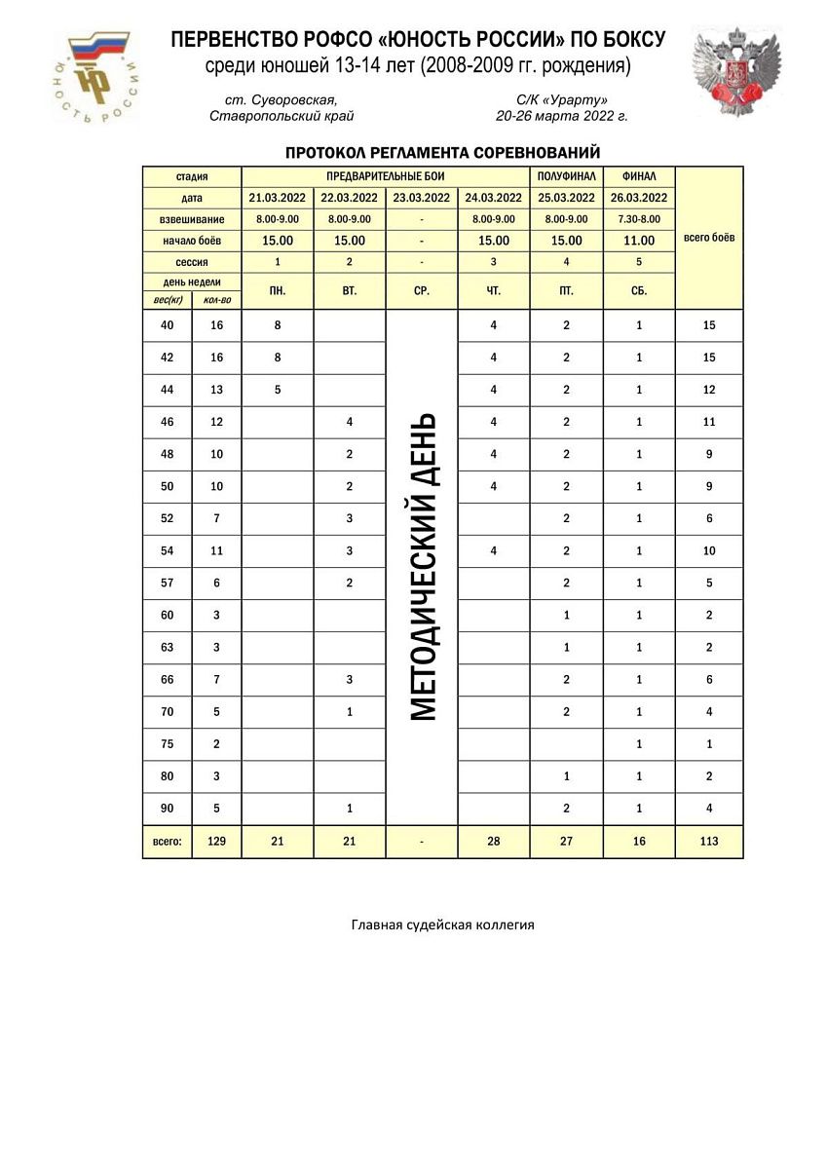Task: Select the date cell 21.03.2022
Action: (278, 198)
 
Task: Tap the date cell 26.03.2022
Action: (639, 198)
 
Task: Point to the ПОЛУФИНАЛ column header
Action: (567, 176)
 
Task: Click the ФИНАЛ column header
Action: (639, 176)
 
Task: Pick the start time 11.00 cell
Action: (639, 241)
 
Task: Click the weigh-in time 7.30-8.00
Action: (639, 219)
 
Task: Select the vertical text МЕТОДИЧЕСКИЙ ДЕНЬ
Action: (422, 567)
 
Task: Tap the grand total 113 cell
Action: (709, 842)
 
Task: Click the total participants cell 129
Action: (216, 842)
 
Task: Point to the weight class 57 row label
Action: (168, 583)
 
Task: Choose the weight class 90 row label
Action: (168, 808)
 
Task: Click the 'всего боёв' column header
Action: (709, 238)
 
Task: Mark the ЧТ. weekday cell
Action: (494, 290)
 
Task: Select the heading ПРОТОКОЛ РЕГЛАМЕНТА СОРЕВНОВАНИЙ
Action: (442, 153)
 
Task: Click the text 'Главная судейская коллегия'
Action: (442, 924)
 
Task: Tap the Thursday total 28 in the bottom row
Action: (494, 842)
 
